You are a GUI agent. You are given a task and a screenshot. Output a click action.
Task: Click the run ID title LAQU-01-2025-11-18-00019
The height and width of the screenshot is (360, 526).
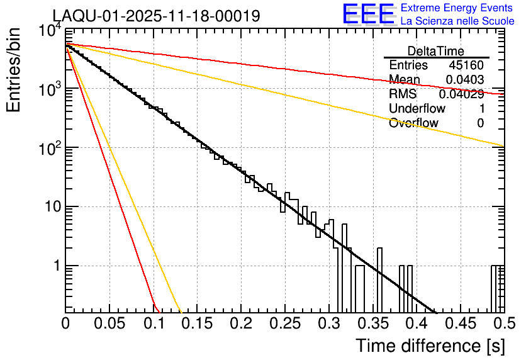point(156,16)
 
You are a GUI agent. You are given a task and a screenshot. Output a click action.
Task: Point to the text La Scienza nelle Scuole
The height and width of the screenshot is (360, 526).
point(457,21)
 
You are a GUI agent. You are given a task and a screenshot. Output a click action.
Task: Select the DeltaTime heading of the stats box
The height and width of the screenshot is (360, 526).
point(435,51)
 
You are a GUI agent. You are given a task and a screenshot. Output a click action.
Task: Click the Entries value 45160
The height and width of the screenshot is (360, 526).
point(466,65)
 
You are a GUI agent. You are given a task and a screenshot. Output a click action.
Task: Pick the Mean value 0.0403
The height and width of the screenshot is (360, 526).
point(464,79)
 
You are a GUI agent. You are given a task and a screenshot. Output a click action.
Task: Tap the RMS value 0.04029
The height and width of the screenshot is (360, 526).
point(461,94)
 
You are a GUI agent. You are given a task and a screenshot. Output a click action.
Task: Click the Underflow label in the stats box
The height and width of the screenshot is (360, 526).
point(417,108)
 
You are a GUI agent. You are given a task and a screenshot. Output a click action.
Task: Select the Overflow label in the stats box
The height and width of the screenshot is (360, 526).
point(413,123)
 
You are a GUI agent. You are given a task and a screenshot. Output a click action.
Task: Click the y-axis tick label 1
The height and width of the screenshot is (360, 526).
point(55,266)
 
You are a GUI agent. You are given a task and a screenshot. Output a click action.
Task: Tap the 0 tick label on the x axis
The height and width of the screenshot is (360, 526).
point(65,323)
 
